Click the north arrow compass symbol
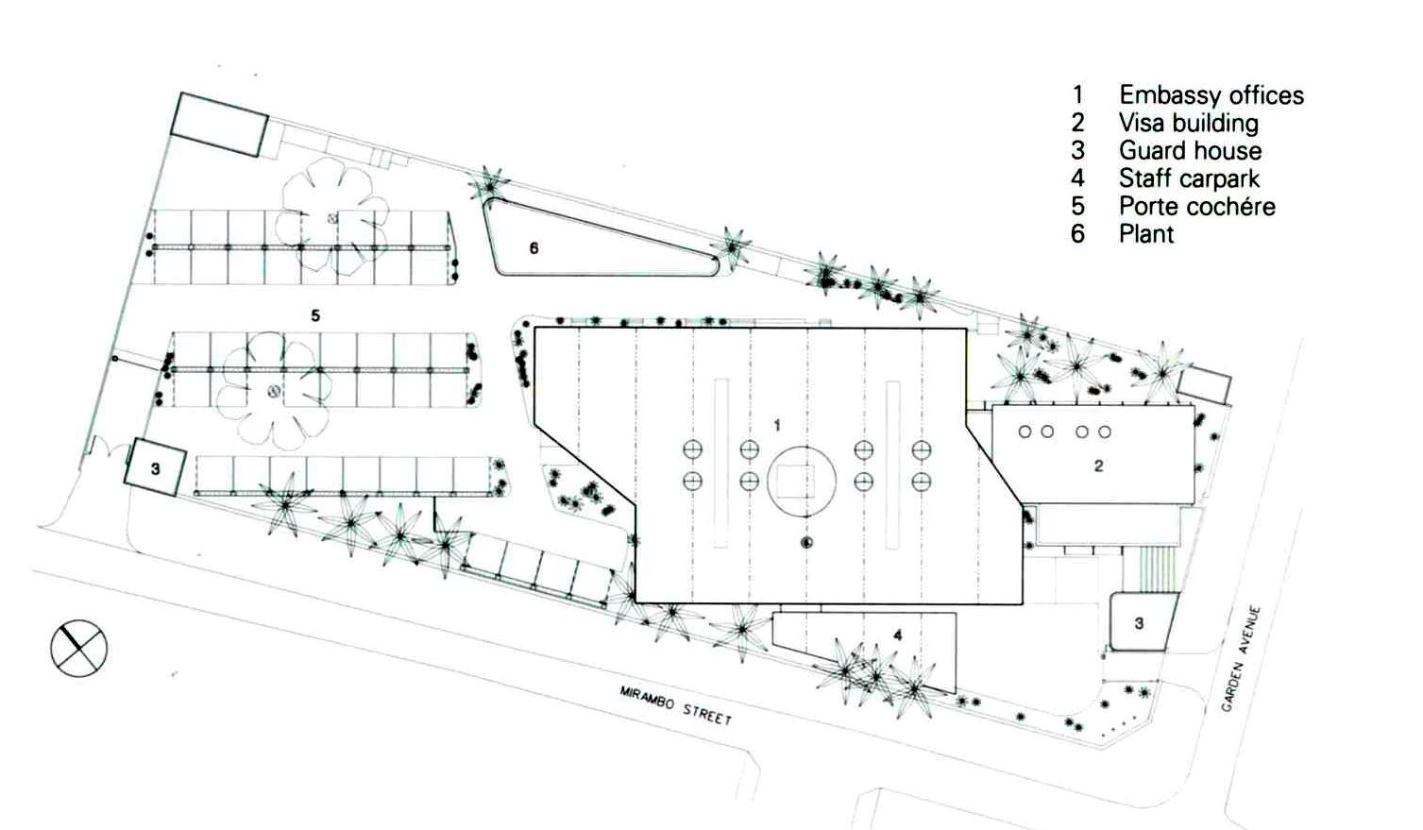(78, 648)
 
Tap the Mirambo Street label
(676, 705)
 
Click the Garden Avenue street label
(1242, 659)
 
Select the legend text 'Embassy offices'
(1211, 95)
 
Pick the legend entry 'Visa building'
(1189, 123)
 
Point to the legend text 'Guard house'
(1191, 151)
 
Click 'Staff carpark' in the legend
(1189, 179)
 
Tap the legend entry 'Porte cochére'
(1197, 207)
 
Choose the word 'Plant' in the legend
(1146, 234)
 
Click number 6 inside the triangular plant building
(534, 247)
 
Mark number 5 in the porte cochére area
(315, 315)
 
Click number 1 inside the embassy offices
(777, 426)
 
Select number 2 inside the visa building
(1099, 466)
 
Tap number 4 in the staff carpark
(898, 635)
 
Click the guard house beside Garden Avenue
(1143, 621)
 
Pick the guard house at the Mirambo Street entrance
(155, 467)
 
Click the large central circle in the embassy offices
(802, 482)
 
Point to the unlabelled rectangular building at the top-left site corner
(220, 125)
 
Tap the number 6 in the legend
(1077, 234)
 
